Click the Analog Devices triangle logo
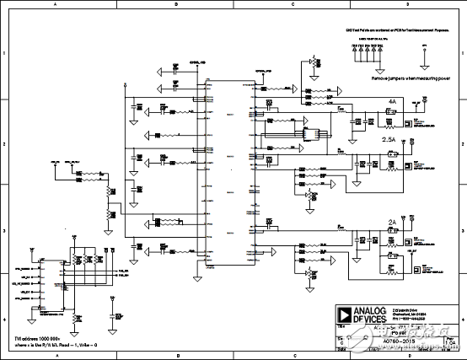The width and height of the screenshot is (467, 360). coord(343,310)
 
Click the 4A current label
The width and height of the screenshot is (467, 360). coord(392,100)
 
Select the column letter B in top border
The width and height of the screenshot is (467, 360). coord(175,5)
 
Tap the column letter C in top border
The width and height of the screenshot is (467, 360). coord(291,5)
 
